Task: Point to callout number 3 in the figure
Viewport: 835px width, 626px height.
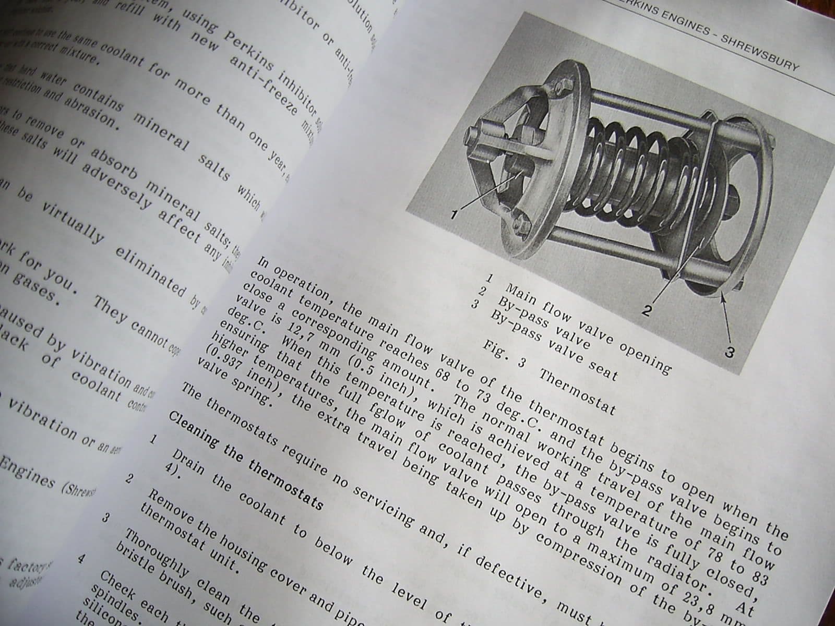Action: (x=730, y=353)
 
